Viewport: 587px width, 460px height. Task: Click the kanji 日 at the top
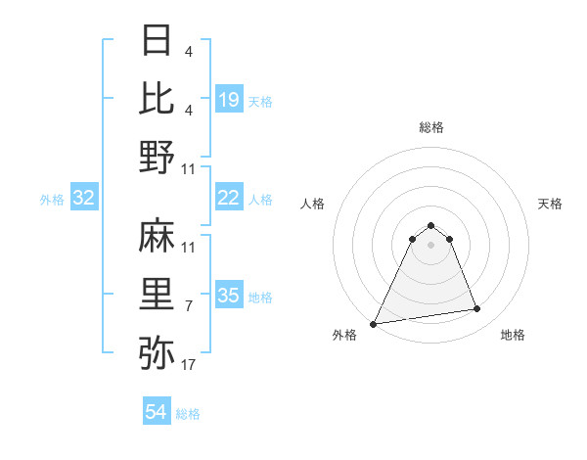tap(158, 41)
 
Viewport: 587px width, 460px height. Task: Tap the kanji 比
tap(158, 99)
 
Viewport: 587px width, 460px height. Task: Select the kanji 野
tap(158, 157)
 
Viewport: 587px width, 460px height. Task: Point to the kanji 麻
tap(158, 236)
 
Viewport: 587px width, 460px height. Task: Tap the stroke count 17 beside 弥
tap(189, 366)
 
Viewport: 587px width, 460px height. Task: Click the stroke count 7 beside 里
tap(189, 307)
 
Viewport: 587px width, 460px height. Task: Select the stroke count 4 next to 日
tap(189, 50)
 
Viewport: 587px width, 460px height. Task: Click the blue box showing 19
tap(229, 99)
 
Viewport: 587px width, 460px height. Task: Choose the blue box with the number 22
tap(229, 198)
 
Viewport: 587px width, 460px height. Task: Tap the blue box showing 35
tap(229, 295)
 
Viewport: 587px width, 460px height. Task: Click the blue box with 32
tap(84, 198)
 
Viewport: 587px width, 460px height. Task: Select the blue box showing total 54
tap(157, 412)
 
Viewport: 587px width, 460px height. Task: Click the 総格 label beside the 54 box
tap(188, 414)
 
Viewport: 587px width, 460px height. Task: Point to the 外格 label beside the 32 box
tap(52, 200)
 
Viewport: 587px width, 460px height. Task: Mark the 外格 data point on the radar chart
tap(374, 323)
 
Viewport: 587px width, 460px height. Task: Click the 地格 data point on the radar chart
tap(477, 309)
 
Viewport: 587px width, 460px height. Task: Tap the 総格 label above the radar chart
tap(430, 127)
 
